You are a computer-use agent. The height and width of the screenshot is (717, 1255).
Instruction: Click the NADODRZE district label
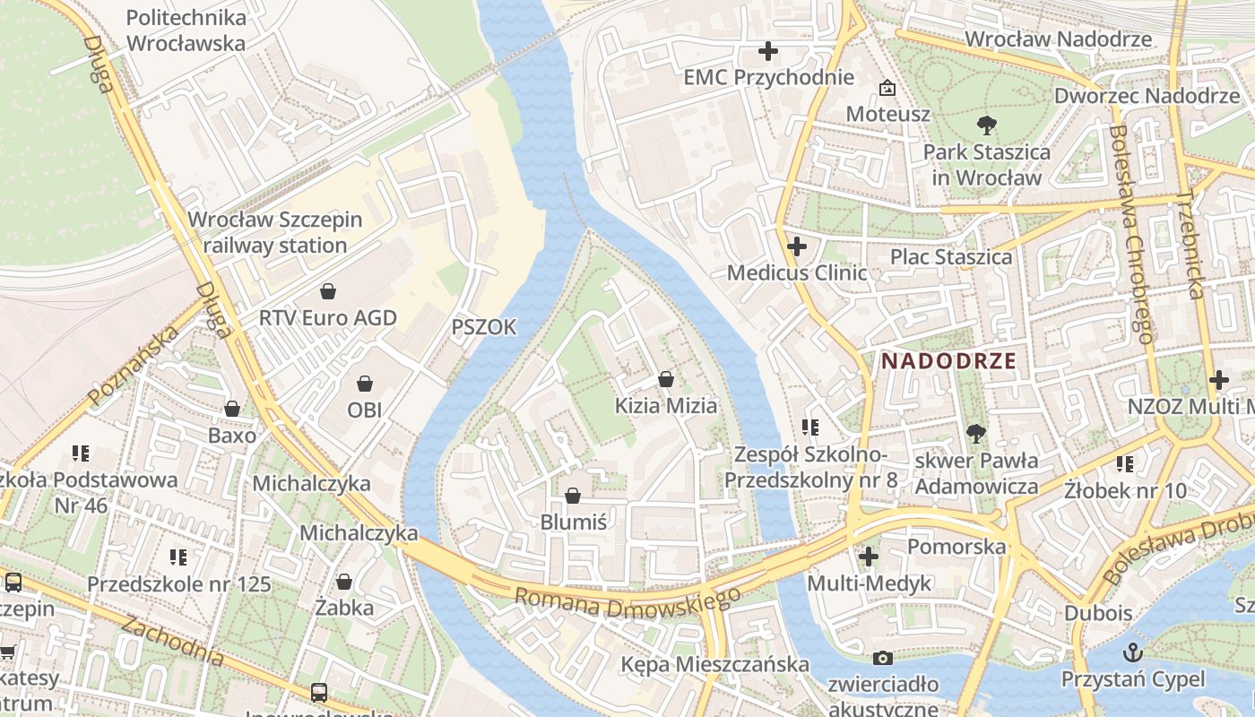point(949,361)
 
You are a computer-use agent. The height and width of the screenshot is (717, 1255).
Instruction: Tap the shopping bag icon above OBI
point(365,384)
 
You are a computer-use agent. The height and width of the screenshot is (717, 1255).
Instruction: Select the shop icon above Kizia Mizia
point(665,380)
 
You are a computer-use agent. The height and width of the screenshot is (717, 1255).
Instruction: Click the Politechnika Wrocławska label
point(186,30)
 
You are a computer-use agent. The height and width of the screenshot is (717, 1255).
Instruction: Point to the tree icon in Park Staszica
point(987,125)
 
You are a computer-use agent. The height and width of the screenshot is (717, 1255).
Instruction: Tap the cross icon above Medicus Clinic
point(796,246)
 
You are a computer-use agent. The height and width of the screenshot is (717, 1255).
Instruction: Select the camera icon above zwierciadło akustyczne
point(883,659)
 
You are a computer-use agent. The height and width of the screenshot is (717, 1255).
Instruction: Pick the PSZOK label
point(484,327)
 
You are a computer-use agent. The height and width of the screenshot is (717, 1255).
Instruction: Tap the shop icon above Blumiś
point(573,496)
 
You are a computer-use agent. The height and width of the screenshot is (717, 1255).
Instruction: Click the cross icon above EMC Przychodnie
point(768,51)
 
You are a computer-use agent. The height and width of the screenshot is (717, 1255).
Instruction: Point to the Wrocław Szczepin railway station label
point(275,232)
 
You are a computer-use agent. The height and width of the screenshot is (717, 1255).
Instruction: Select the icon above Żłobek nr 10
point(1125,464)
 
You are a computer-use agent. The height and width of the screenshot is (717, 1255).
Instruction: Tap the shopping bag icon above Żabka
point(344,583)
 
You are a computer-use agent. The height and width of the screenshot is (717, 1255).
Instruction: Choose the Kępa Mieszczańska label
point(715,664)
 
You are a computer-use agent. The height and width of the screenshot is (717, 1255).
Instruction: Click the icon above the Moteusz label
point(887,88)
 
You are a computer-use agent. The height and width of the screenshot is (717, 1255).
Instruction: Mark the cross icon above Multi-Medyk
point(868,557)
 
